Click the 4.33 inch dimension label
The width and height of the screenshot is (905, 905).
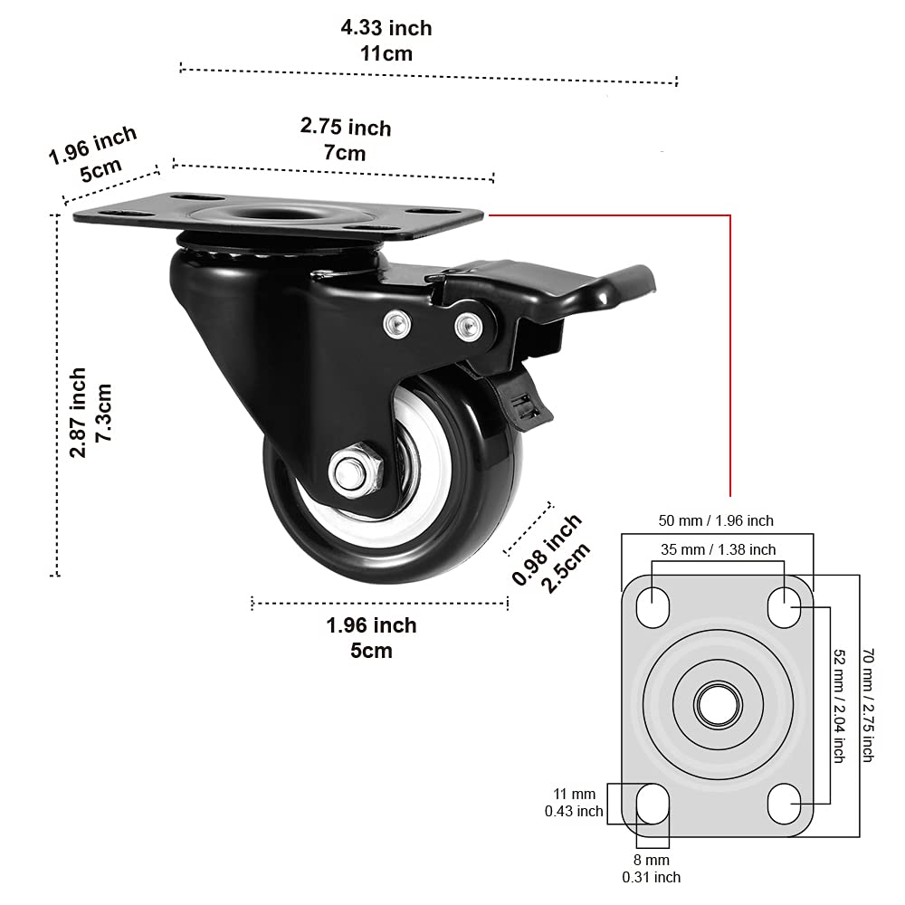[x=386, y=41]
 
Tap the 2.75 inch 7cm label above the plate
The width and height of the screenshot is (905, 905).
[x=346, y=139]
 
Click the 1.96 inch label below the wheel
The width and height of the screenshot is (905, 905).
[x=371, y=637]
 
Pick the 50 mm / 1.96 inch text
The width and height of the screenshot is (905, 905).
[x=715, y=520]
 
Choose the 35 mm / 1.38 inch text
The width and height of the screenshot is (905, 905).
[x=718, y=549]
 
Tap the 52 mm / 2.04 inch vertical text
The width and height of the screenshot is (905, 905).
[x=839, y=706]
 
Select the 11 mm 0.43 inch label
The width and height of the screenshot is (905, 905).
[x=574, y=804]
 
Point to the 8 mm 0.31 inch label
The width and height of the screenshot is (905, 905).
[x=652, y=868]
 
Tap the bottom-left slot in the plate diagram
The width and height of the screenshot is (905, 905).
[x=653, y=801]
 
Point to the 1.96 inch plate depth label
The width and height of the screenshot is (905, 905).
[x=93, y=153]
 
